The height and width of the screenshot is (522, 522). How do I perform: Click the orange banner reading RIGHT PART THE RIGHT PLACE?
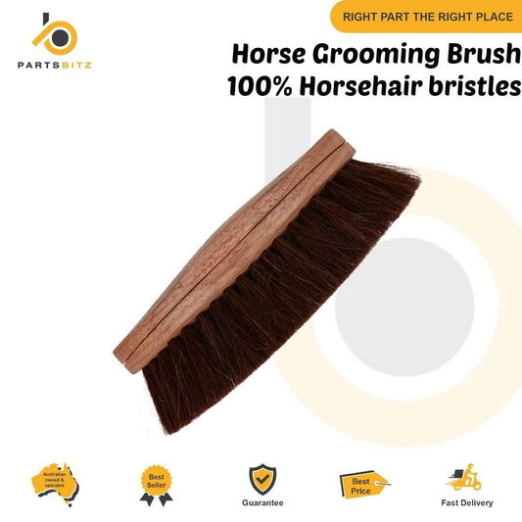(426, 16)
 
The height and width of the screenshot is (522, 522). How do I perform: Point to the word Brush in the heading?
(483, 53)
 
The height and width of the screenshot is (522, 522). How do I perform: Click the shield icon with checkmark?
(261, 476)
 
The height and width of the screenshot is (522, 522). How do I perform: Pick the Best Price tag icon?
(363, 482)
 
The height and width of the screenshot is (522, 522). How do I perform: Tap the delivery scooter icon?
(464, 476)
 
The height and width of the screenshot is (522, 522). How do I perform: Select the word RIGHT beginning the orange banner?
(362, 16)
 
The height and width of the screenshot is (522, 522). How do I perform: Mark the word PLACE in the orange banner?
(490, 16)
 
